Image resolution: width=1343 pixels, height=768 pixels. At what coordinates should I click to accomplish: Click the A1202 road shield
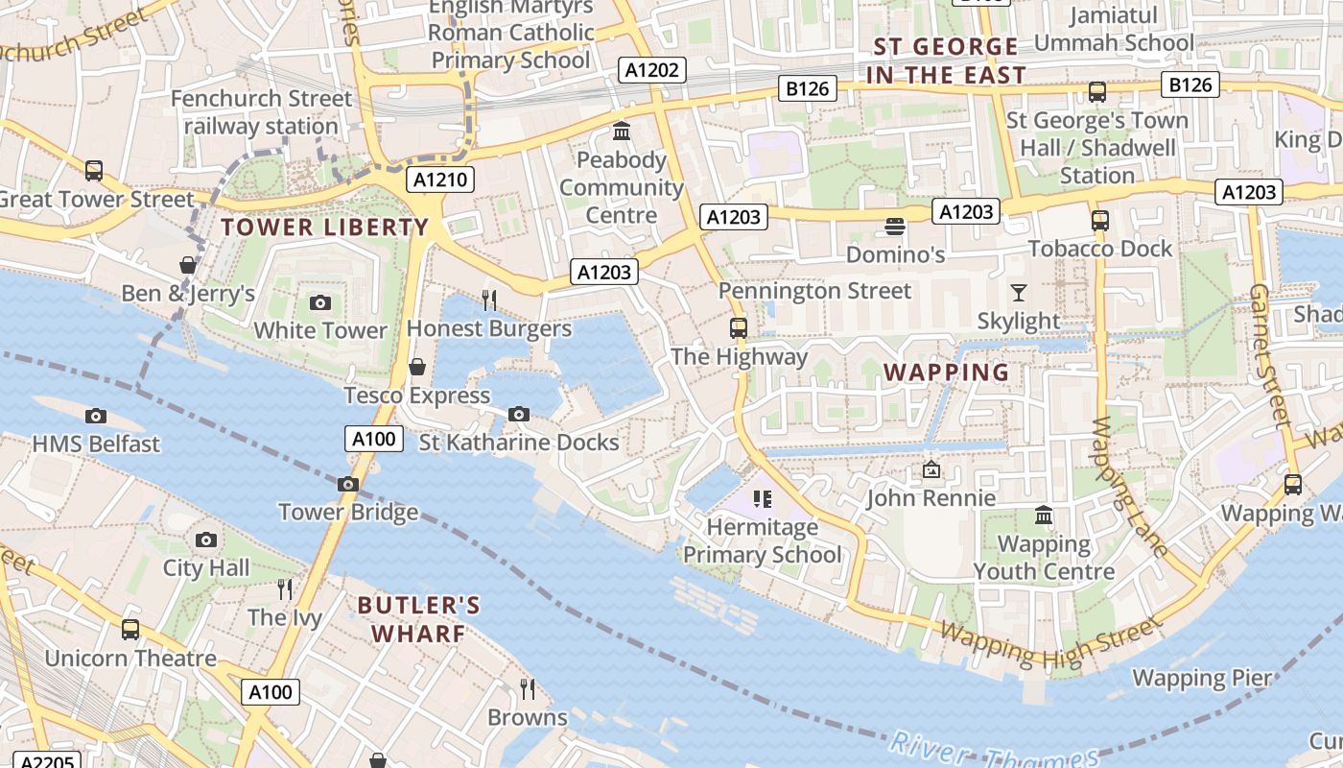(651, 70)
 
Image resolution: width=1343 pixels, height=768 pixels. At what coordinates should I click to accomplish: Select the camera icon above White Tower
(320, 303)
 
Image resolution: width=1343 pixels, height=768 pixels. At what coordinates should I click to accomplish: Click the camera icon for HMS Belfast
(95, 417)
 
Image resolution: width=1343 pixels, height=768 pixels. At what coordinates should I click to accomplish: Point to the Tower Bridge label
(348, 512)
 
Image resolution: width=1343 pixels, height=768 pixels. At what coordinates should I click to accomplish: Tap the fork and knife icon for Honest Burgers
(489, 300)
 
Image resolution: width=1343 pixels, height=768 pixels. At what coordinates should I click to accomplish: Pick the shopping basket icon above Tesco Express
(417, 367)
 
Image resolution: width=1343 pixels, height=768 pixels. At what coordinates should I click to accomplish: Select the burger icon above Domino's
(895, 227)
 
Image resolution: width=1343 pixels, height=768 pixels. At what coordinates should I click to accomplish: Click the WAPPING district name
(946, 372)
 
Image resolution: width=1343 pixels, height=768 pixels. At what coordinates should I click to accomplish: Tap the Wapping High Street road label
(1050, 643)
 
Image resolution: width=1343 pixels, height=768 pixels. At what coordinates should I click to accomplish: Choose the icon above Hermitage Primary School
(763, 498)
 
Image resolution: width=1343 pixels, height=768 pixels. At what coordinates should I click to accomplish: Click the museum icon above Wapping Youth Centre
(1044, 516)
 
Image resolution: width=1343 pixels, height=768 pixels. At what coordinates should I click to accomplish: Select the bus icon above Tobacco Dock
(1100, 221)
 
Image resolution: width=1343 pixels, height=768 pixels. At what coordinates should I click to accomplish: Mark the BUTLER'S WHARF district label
(418, 619)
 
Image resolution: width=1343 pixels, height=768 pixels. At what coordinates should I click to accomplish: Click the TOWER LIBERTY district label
(324, 228)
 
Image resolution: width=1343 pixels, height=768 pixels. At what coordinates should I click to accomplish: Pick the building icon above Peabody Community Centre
(621, 131)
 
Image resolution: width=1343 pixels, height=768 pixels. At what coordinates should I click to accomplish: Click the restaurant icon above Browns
(527, 688)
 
